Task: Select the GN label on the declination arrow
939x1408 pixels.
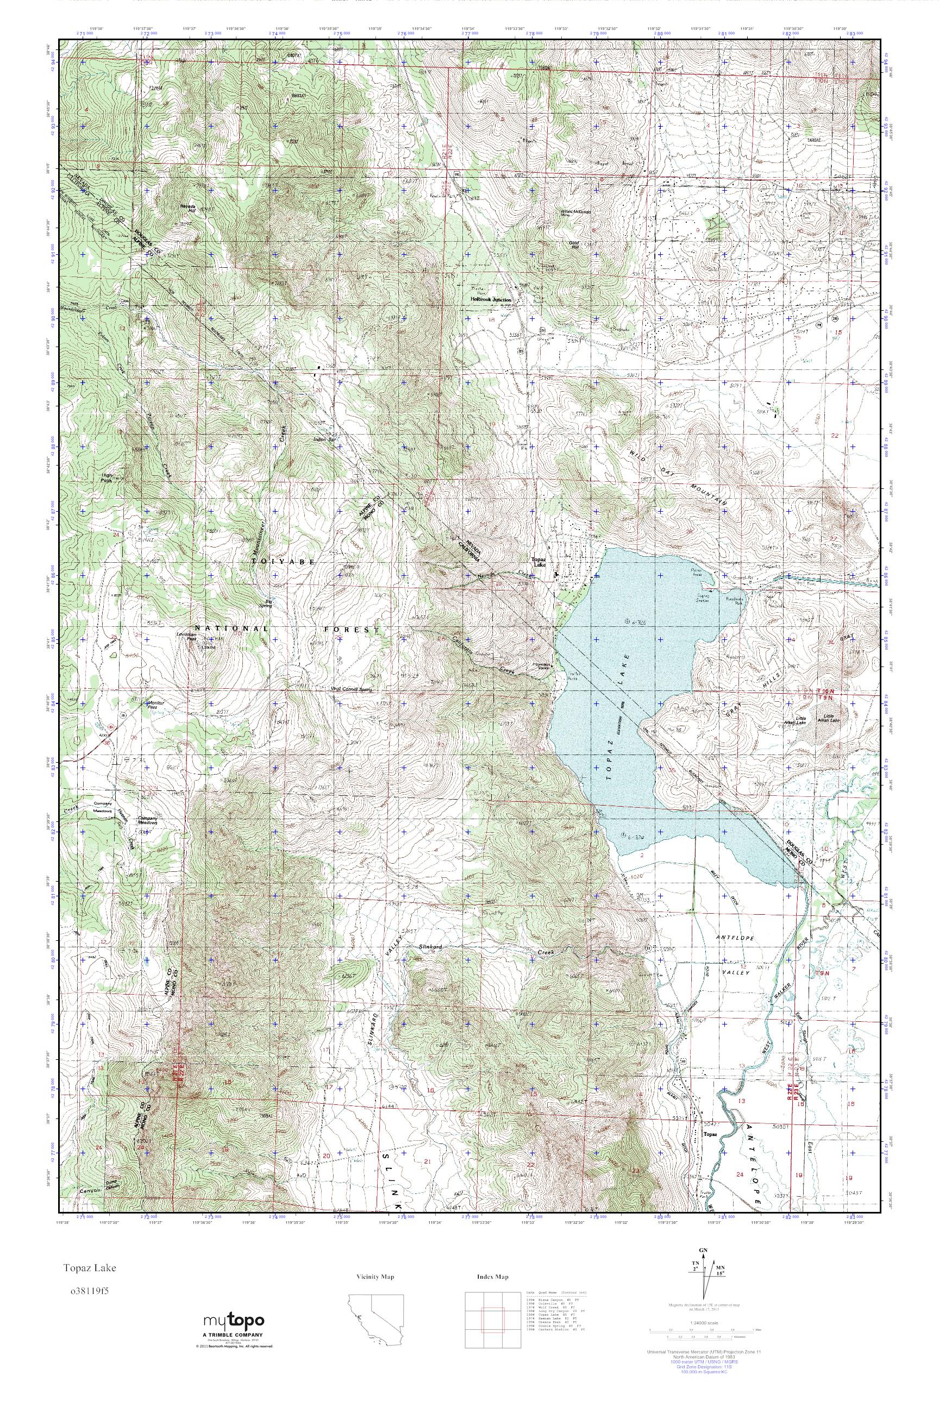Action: [710, 1266]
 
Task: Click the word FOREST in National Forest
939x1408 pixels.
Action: [352, 629]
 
